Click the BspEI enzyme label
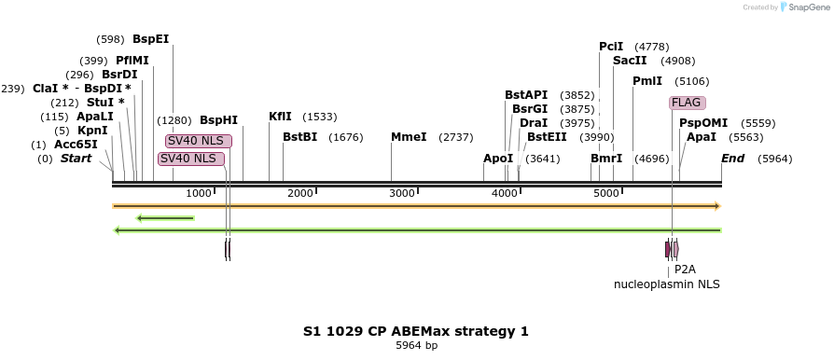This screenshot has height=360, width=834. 150,39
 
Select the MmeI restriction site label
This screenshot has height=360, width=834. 409,137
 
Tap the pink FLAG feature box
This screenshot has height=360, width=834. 687,103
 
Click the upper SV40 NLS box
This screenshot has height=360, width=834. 199,141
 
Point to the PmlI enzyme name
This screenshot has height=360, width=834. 647,81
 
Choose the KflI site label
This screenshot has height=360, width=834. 280,117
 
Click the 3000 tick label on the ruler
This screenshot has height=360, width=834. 402,193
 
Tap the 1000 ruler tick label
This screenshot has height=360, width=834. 199,193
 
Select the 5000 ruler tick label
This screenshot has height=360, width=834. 606,193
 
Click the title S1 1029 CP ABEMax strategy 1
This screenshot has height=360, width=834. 416,331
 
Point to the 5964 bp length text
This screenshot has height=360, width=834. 416,345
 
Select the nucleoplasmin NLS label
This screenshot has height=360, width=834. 666,284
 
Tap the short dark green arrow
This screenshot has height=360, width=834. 165,218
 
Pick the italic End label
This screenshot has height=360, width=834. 732,159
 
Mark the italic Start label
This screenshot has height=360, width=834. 76,159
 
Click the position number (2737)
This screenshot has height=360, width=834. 456,137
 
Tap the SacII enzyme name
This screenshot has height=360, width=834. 629,61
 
